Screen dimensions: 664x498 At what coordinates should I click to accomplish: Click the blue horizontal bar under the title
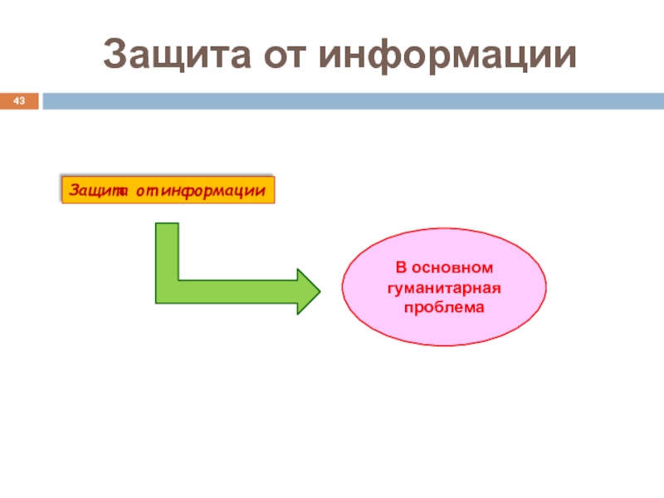point(349,101)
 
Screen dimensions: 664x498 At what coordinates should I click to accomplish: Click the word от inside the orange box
point(147,191)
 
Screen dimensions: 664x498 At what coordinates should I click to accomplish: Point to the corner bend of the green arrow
point(167,291)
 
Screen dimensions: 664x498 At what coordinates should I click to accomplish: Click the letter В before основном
point(399,269)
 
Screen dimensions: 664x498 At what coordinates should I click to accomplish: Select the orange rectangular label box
point(168,190)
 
